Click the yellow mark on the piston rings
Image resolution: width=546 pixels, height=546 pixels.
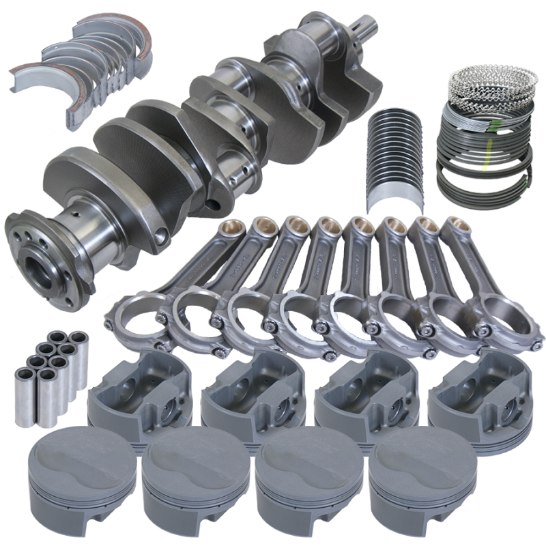coord(485,162)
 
